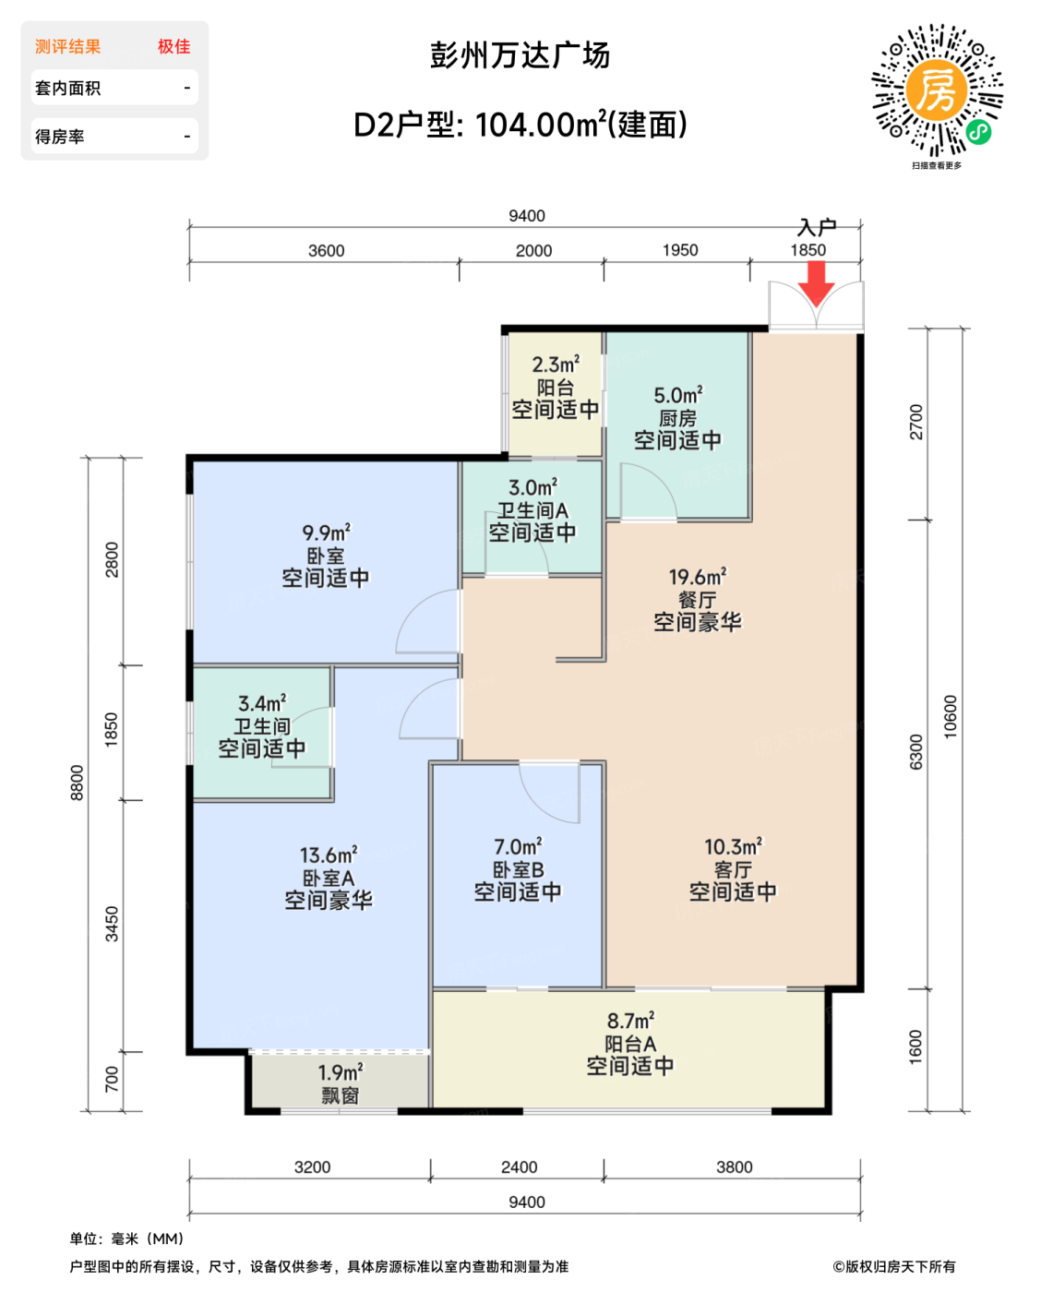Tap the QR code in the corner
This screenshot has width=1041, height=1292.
click(937, 90)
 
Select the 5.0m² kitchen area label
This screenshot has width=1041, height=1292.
click(677, 395)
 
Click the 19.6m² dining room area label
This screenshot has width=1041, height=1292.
click(697, 577)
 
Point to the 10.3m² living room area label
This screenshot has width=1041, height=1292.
click(733, 846)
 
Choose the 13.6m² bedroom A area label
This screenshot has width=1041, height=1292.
click(329, 855)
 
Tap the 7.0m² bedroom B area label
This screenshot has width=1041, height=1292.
click(518, 846)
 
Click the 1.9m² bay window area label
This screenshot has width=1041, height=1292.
click(340, 1071)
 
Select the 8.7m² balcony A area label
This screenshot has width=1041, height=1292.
click(629, 1020)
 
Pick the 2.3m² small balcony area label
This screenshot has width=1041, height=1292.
click(556, 364)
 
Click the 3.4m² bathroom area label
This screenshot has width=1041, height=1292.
click(262, 702)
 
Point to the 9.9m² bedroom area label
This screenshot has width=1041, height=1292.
click(326, 532)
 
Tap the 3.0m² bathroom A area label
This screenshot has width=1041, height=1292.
click(532, 487)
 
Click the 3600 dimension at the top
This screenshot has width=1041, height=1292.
click(326, 250)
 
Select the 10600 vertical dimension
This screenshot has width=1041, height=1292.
click(950, 716)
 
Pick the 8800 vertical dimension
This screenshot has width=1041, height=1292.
click(77, 783)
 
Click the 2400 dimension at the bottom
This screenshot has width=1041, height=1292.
click(519, 1166)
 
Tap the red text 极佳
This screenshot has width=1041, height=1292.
click(174, 46)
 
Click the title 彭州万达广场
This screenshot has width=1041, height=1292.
click(520, 55)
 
